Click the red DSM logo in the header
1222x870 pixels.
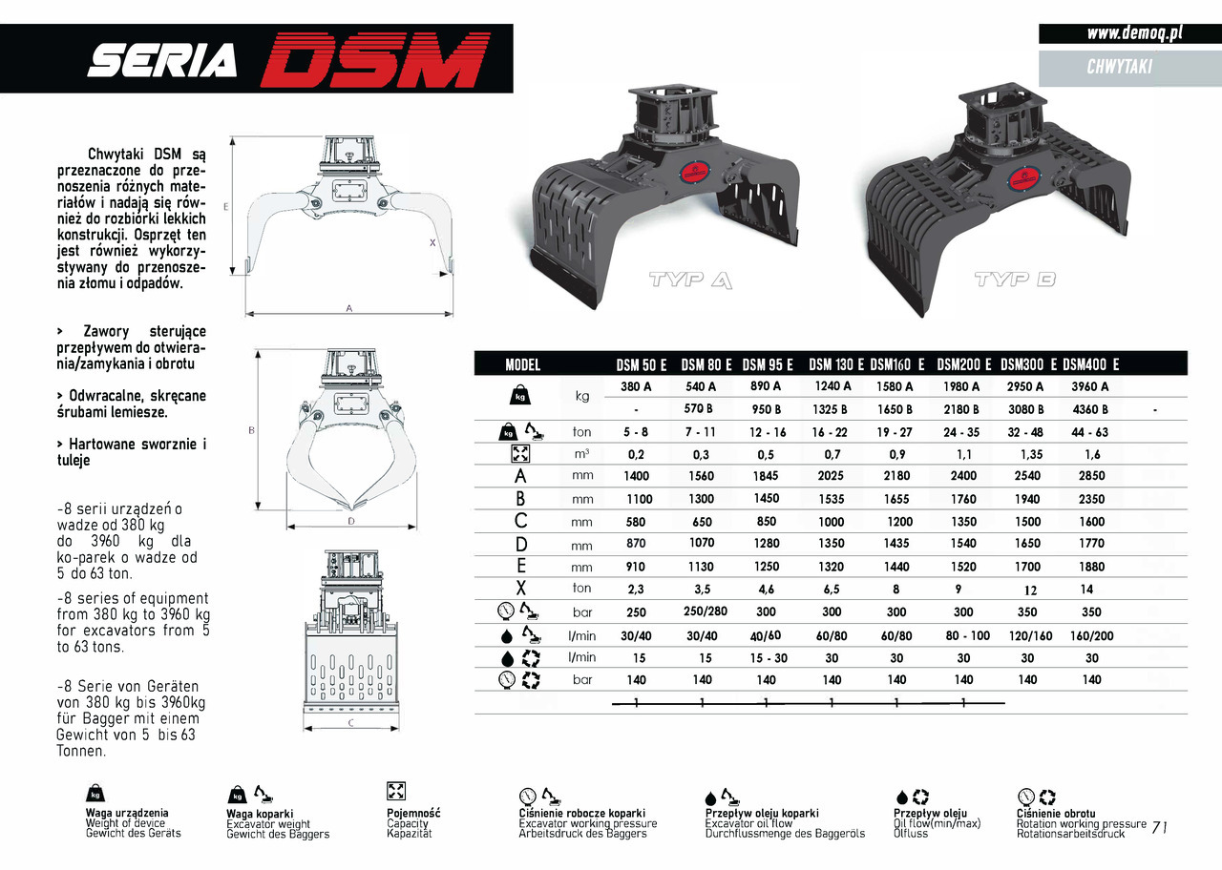pos(374,59)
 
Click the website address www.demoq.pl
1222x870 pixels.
pos(1135,33)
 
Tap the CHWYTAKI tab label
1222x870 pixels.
pos(1119,67)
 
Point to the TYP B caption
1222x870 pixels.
pos(1015,280)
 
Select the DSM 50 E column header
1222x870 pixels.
pos(641,364)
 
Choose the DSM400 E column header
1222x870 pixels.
pos(1090,364)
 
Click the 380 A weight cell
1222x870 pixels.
pos(636,386)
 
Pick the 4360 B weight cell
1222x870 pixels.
pos(1090,409)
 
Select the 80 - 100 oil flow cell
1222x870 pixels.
pos(967,635)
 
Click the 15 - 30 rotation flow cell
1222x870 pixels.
pos(769,658)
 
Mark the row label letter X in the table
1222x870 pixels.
pos(521,589)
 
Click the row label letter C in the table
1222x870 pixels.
pos(521,522)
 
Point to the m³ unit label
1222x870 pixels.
pos(581,454)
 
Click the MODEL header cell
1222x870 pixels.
pos(522,364)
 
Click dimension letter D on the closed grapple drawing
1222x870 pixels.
pos(350,521)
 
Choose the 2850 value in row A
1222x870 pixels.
pos(1091,476)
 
